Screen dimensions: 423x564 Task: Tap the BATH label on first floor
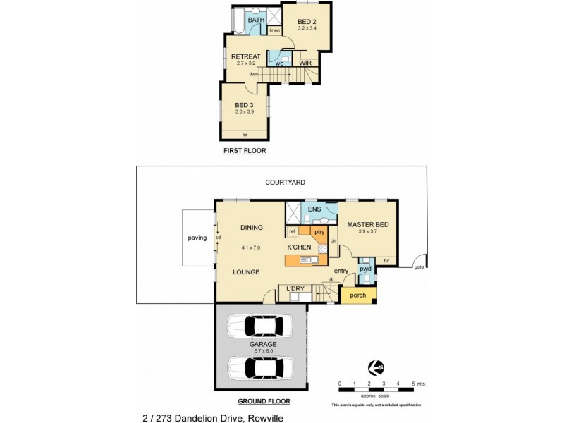pos(255,20)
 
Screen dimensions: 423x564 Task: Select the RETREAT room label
pos(245,57)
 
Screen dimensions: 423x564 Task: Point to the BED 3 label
pos(244,105)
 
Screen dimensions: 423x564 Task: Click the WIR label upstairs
pos(305,63)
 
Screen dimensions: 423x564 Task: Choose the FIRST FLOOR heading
pos(245,151)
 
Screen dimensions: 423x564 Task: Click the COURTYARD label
pos(285,182)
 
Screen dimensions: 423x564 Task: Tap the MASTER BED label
pos(368,225)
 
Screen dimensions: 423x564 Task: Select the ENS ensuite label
pos(314,209)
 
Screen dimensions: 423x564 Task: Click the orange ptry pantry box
pos(319,231)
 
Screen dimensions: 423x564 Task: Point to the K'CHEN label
pos(299,247)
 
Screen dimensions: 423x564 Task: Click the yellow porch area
pos(358,295)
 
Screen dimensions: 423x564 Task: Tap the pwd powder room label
pos(365,269)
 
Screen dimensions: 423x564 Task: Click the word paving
pos(197,238)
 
